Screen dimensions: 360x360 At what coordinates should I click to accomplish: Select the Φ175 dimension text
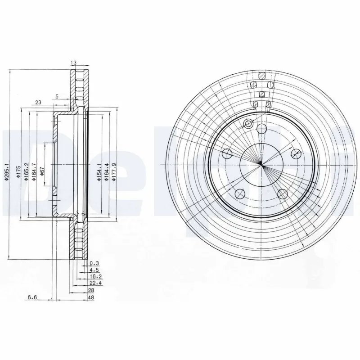pos(18,171)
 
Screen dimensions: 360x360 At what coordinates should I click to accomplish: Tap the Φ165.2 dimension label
pos(27,171)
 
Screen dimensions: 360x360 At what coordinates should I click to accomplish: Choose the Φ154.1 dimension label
pos(99,172)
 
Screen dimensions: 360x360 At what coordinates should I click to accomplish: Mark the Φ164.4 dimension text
pos(107,172)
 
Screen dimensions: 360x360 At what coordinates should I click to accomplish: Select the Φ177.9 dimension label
pos(114,172)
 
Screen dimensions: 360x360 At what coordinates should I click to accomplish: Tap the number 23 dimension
pos(38,103)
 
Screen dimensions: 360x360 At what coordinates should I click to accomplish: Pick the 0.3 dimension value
pos(94,263)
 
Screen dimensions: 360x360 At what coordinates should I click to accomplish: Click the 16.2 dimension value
pos(95,277)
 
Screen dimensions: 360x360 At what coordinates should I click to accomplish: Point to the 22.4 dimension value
pos(95,283)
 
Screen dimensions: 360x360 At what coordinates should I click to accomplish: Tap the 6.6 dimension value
pos(32,297)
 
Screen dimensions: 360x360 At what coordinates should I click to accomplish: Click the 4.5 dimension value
pos(94,270)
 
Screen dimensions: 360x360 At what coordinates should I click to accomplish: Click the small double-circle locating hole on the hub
pos(248,124)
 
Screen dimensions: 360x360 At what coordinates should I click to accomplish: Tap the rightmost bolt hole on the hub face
pos(296,154)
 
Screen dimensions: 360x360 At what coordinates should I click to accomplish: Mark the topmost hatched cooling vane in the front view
pos(261,75)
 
